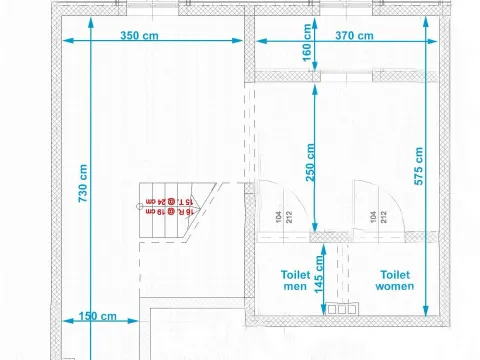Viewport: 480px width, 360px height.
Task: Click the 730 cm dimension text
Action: (x=83, y=183)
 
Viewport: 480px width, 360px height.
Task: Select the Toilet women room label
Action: (x=395, y=278)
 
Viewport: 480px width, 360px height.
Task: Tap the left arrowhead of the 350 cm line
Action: (x=67, y=41)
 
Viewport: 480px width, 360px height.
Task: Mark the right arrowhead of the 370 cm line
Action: (x=432, y=41)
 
